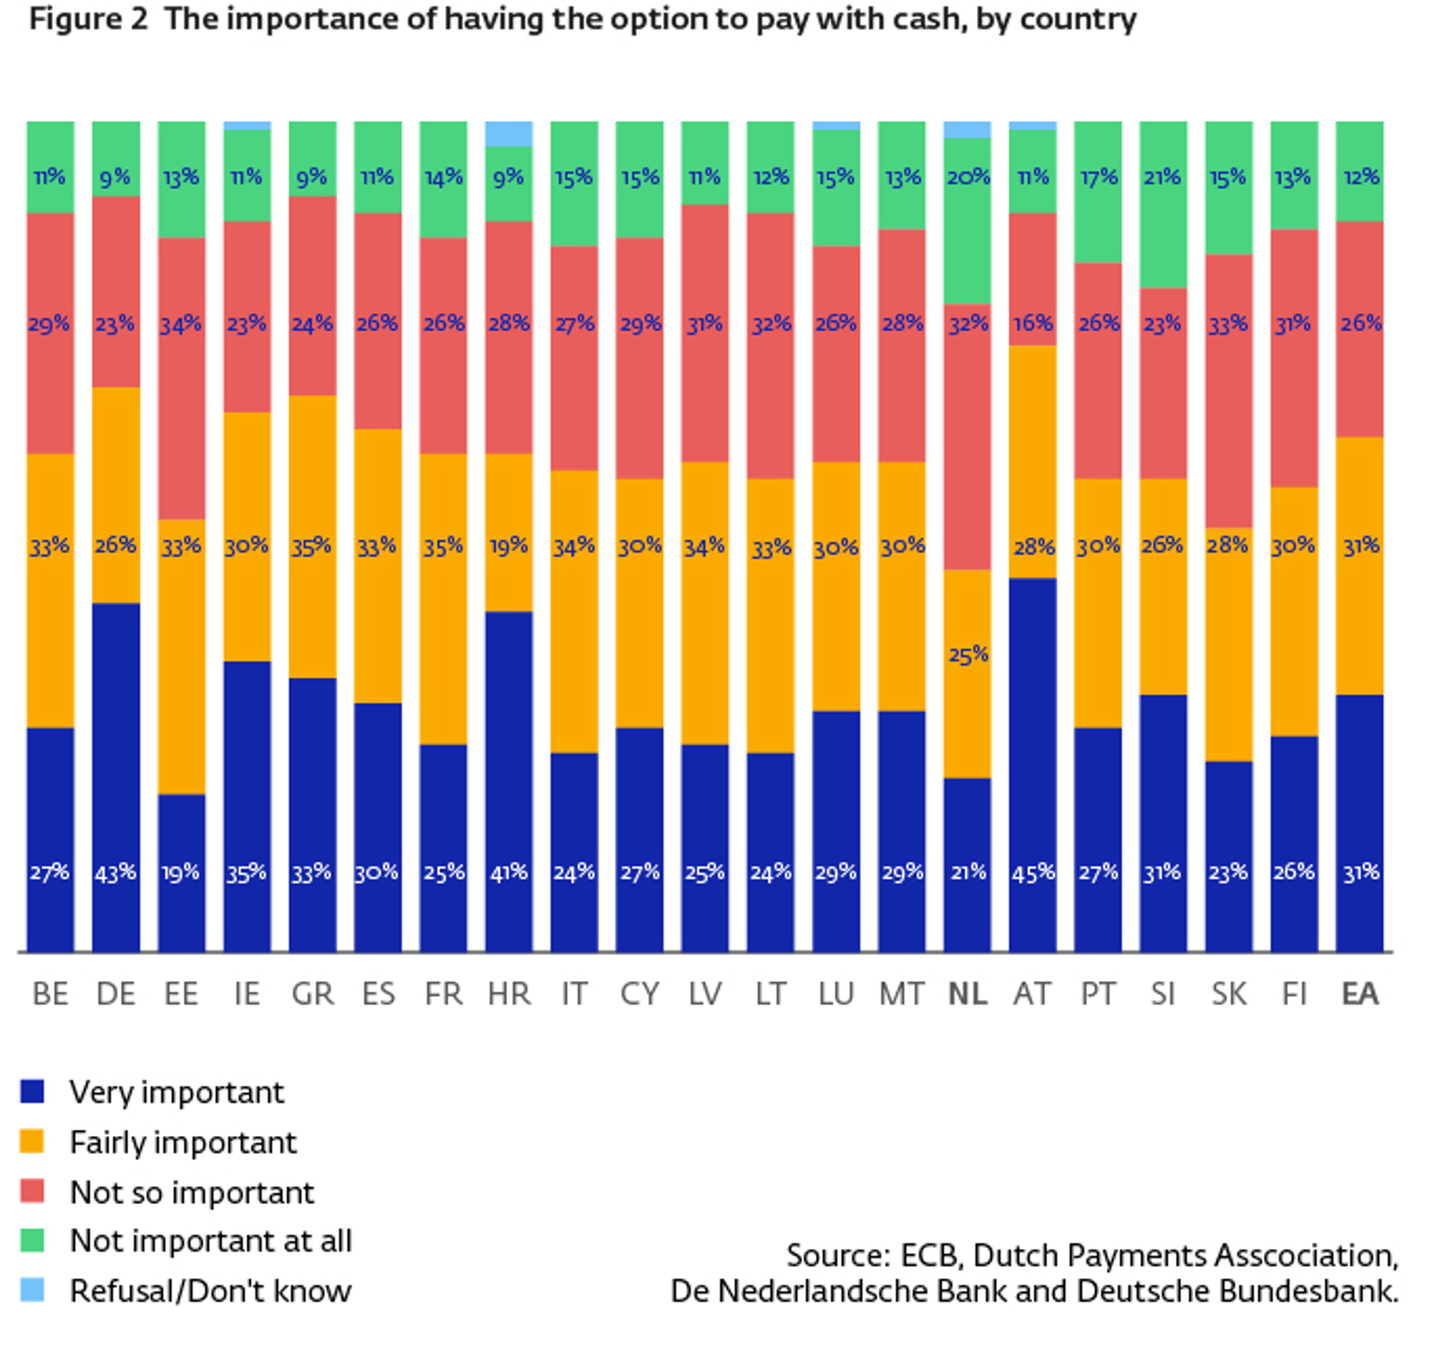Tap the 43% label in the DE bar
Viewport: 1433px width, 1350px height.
116,872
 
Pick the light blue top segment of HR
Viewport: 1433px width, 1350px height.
509,133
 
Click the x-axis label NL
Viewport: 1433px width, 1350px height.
967,994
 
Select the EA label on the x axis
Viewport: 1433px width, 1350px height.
1360,994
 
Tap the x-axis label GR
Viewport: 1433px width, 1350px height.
312,994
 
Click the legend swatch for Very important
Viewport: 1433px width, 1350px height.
32,1091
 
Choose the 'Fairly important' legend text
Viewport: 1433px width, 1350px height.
183,1142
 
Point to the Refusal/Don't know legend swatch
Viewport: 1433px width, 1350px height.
32,1290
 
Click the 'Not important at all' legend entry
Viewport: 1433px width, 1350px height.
210,1241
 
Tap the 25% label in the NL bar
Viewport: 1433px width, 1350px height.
967,655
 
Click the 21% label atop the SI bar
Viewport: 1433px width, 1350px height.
1163,177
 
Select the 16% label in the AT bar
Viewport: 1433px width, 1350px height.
1032,323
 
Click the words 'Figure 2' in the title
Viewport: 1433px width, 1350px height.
88,19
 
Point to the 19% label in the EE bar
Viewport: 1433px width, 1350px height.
181,872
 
